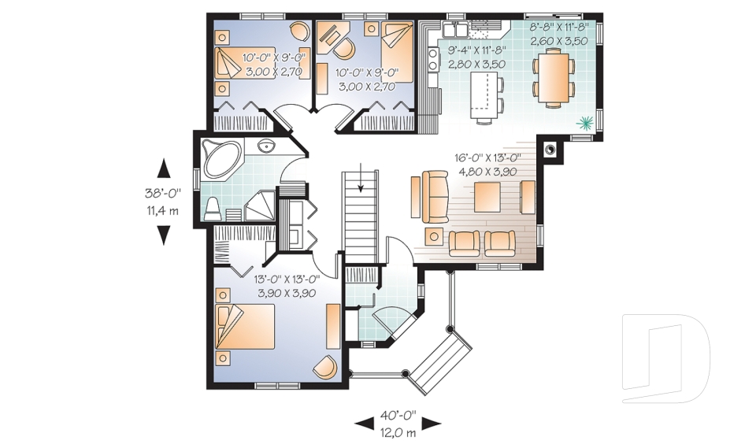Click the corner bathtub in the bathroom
[x=220, y=157]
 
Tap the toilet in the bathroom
[x=212, y=209]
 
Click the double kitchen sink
[x=456, y=29]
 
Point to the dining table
[x=553, y=79]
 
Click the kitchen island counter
[x=483, y=94]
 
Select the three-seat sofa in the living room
[x=435, y=197]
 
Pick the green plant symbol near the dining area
[x=585, y=123]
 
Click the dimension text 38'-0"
[x=163, y=193]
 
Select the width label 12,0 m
[x=397, y=432]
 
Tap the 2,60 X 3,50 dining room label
[x=559, y=40]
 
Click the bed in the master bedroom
[x=244, y=326]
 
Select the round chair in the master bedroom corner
[x=325, y=367]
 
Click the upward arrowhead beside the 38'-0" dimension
[x=164, y=168]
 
